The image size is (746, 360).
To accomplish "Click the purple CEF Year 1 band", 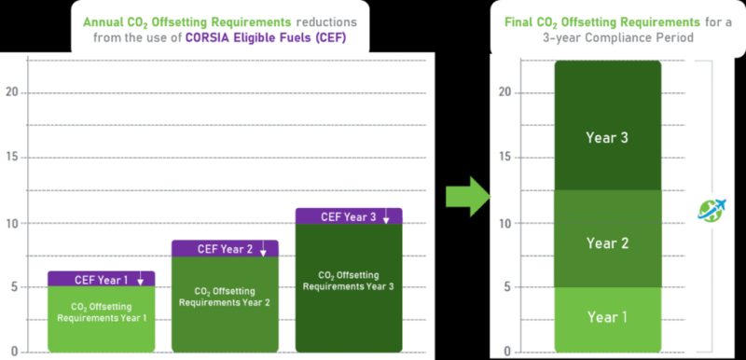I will (101, 278).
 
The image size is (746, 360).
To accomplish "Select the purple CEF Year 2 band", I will (224, 248).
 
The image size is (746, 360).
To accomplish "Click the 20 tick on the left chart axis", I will (12, 92).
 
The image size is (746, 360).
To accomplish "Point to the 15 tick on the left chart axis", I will (12, 157).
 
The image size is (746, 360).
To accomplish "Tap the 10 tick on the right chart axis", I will (504, 223).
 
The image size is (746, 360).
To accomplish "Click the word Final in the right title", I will (524, 21).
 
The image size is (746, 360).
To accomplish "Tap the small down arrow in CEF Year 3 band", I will (386, 216).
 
